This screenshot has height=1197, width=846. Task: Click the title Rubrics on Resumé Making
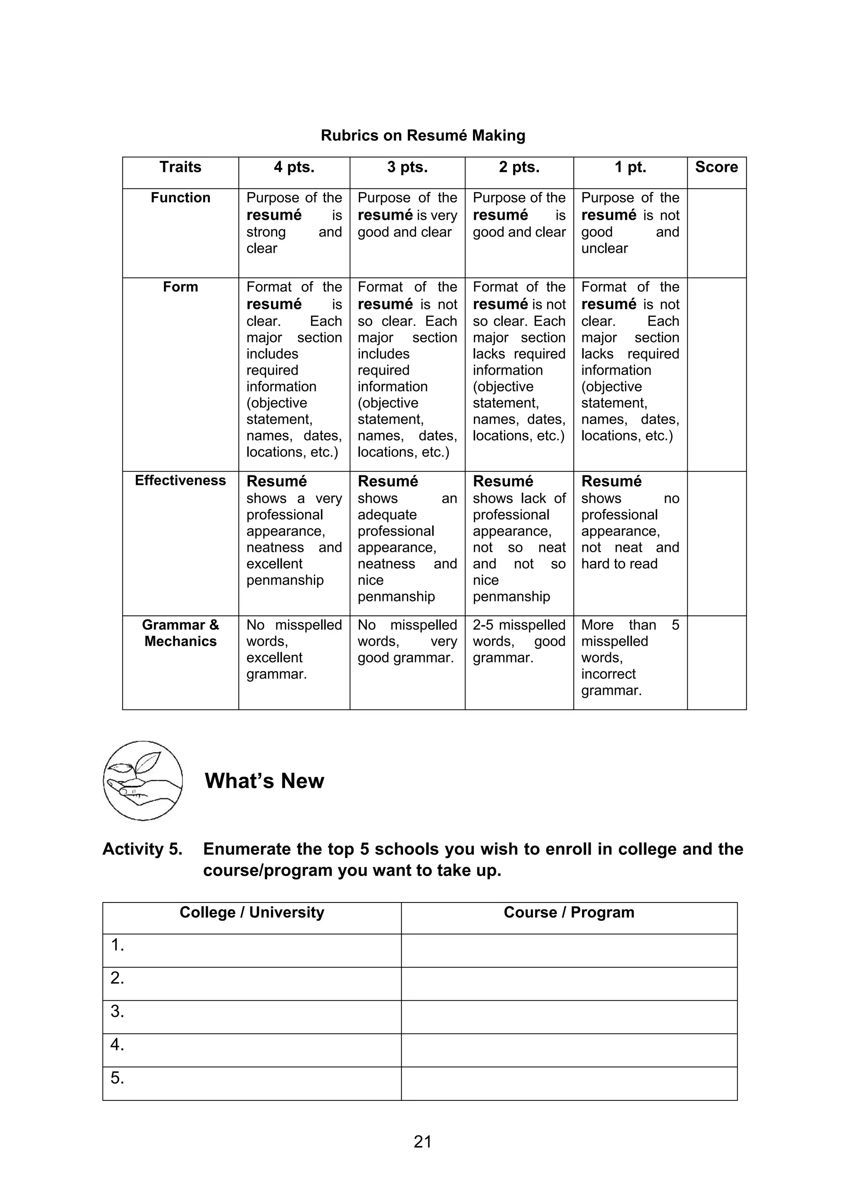[423, 135]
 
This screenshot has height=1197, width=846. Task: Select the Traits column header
[181, 167]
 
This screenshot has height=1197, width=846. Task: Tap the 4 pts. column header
[294, 167]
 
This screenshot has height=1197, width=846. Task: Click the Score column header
[716, 167]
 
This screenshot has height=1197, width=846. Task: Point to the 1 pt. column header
[630, 167]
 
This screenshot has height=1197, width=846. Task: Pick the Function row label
[181, 197]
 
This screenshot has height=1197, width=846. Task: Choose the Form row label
[181, 287]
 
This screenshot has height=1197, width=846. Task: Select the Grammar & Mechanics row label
[181, 633]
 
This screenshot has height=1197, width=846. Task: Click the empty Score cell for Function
[716, 233]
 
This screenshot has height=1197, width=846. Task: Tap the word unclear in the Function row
[604, 248]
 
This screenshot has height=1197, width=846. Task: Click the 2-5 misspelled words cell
[519, 641]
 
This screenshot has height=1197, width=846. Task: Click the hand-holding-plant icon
[143, 781]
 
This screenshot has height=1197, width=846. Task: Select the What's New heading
[264, 781]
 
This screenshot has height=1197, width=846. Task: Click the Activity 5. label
[142, 849]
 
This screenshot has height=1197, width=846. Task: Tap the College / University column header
[252, 912]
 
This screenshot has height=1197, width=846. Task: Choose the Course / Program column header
[569, 912]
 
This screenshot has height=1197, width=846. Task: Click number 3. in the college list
[117, 1012]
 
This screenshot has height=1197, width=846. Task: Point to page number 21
[423, 1142]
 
